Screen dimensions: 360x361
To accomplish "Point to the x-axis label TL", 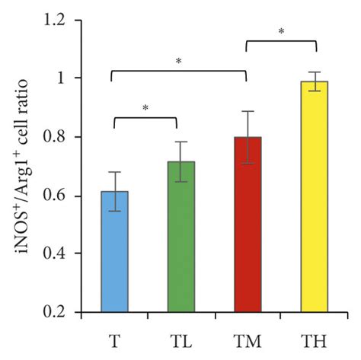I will pos(180,335).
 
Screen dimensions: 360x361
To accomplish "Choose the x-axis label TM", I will pos(247,335).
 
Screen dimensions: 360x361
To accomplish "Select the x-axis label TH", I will pos(313,335).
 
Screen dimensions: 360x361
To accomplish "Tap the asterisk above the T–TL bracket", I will pos(145,108).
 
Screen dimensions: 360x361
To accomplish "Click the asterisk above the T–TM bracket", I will pos(178,61).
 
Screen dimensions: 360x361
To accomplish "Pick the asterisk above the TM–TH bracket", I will pos(281,32).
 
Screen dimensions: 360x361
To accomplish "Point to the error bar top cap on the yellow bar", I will pos(313,72).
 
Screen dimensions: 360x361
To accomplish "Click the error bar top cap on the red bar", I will pos(247,111).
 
